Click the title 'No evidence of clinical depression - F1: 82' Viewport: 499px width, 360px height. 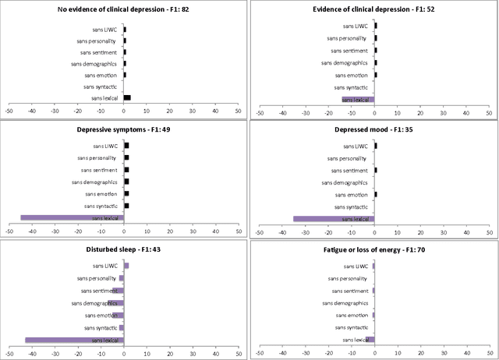(x=123, y=9)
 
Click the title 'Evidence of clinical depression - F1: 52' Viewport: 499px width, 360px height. (x=374, y=9)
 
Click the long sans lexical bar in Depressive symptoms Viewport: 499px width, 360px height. (x=72, y=218)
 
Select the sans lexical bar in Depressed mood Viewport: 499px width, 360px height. (x=334, y=219)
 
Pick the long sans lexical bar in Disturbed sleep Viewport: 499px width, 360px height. (x=74, y=339)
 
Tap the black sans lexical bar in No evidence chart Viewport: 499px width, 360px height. (x=127, y=98)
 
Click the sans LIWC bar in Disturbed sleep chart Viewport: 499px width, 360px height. (x=126, y=266)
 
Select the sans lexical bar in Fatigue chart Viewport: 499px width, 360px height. (x=370, y=339)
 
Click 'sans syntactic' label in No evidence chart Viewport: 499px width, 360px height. (x=101, y=86)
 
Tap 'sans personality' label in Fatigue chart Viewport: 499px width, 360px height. (x=348, y=278)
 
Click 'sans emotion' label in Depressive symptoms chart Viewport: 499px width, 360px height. (x=101, y=193)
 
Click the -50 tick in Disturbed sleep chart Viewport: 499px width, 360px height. (x=9, y=352)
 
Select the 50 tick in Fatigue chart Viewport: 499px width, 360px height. (x=490, y=352)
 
